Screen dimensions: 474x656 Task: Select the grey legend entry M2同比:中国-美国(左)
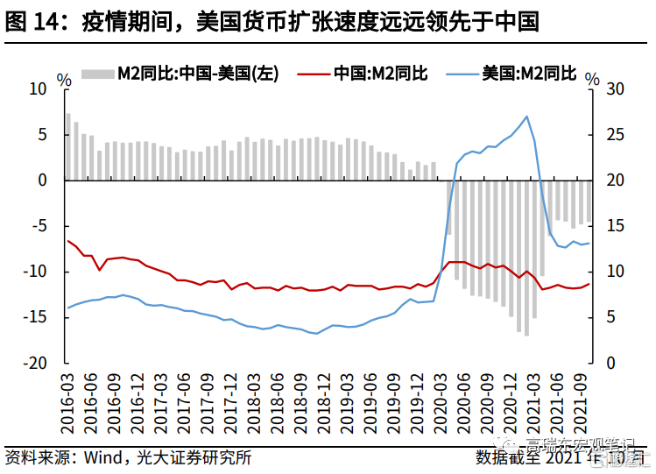pyautogui.click(x=180, y=74)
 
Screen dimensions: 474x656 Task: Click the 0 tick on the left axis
pyautogui.click(x=41, y=180)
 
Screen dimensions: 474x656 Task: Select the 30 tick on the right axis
pyautogui.click(x=617, y=89)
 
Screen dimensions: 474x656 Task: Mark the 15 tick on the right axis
pyautogui.click(x=617, y=226)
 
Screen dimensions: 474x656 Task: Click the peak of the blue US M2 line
pyautogui.click(x=526, y=117)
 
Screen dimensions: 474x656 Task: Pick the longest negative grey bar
pyautogui.click(x=526, y=258)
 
